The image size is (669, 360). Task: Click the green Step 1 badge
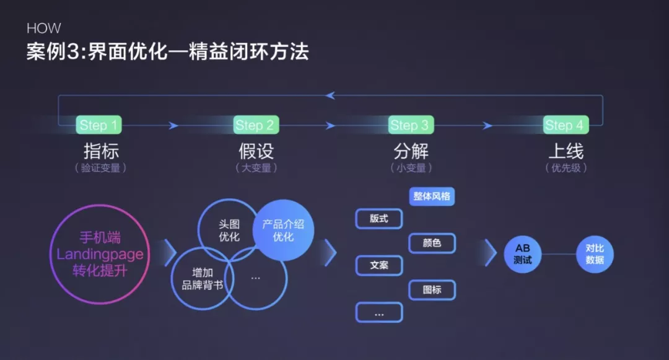click(x=99, y=125)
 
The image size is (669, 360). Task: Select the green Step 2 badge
click(x=255, y=125)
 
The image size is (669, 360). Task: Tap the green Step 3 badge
click(x=409, y=125)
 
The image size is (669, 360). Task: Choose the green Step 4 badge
click(x=564, y=125)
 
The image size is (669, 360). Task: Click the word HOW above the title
click(x=44, y=29)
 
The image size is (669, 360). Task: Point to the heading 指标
click(x=100, y=151)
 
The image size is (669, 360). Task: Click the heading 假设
click(x=255, y=151)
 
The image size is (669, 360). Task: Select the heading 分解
click(x=411, y=151)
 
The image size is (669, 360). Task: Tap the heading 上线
click(x=566, y=151)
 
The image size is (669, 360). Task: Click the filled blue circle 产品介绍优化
click(x=283, y=230)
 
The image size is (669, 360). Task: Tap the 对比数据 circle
click(x=595, y=254)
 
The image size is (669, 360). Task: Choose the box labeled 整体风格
click(x=432, y=197)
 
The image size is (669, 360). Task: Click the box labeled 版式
click(x=379, y=219)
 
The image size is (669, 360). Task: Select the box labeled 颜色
click(x=432, y=243)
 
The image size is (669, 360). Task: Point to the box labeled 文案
click(x=379, y=265)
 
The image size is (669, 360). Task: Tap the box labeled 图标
click(x=432, y=289)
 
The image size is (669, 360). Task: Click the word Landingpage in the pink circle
click(x=100, y=255)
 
